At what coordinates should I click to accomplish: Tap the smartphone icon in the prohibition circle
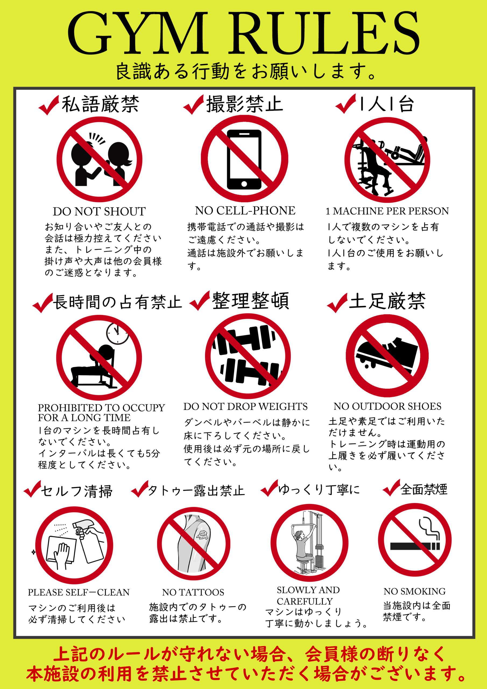pos(244,159)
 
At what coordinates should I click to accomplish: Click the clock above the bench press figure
pos(117,333)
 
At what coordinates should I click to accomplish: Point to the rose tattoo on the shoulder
pos(202,535)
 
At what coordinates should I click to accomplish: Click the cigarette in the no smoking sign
pos(415,546)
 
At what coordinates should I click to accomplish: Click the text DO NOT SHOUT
pos(99,212)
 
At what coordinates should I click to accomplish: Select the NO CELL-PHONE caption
pos(245,211)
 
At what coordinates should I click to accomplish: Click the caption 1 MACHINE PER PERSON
pos(387,211)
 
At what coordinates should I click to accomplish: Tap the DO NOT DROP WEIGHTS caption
pos(245,407)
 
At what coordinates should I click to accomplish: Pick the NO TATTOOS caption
pos(193,592)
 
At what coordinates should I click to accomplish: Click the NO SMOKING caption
pos(414,592)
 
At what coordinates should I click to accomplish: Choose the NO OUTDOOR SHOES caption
pos(387,406)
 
